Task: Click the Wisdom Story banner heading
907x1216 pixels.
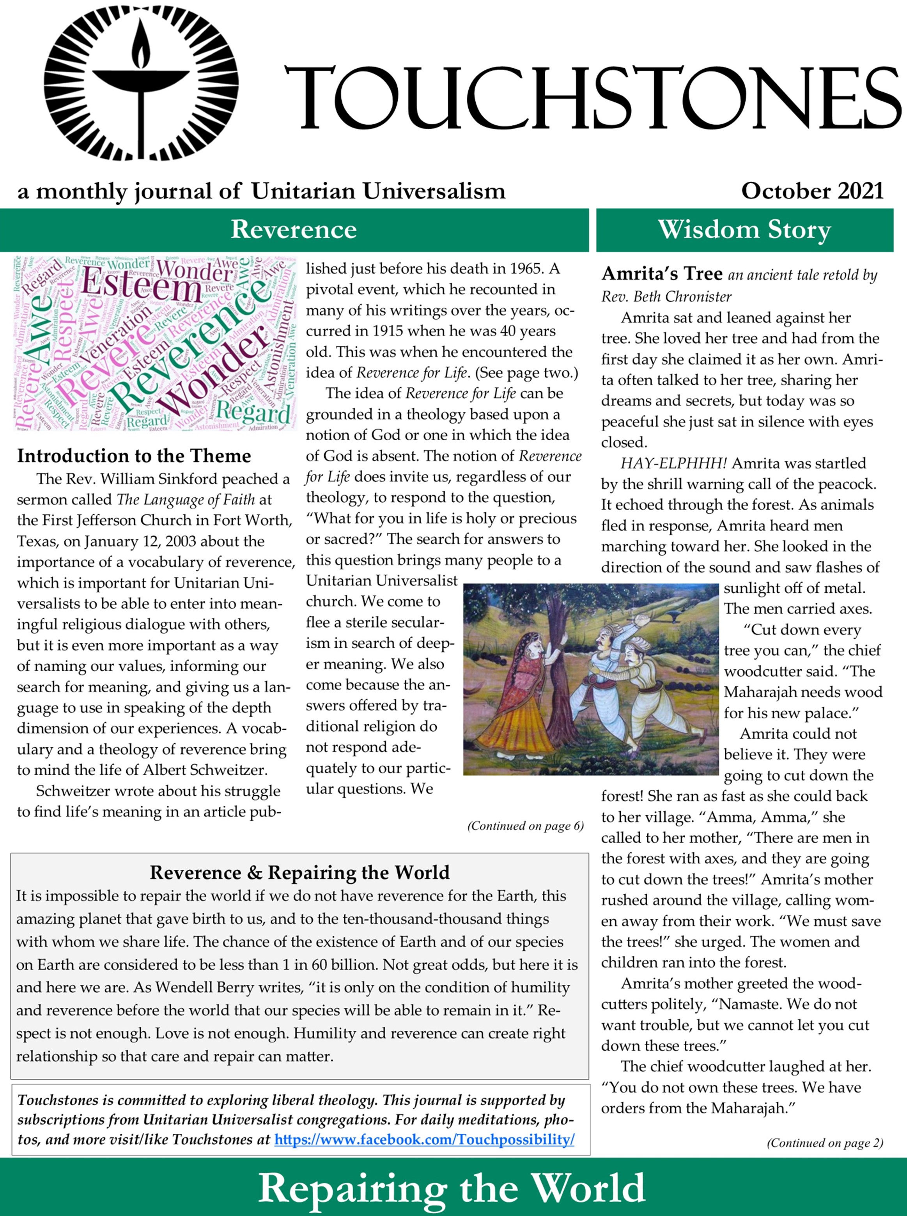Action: pos(744,229)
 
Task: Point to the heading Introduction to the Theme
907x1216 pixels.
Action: pos(134,456)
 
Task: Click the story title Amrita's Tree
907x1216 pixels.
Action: pos(662,273)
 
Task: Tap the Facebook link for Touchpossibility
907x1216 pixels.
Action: pos(424,1139)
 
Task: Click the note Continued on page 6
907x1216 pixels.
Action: pos(525,826)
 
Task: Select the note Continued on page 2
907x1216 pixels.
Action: pos(825,1143)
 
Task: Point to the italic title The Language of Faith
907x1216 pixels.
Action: pos(186,500)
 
